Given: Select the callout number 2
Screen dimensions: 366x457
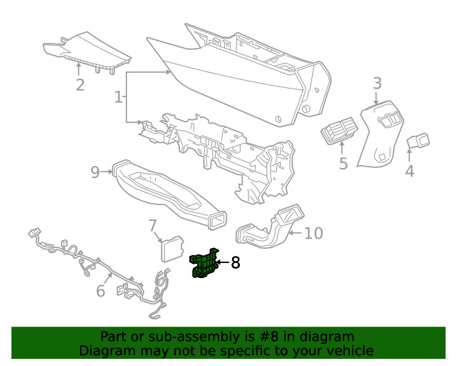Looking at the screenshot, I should point(80,85).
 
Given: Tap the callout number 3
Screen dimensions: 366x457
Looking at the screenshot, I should point(377,84).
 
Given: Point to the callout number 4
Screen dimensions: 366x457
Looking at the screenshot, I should point(409,171).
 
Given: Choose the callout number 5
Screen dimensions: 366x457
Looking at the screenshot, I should point(343,164).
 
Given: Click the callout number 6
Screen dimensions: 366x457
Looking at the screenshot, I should point(101,290).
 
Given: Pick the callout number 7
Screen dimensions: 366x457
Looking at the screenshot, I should point(152,226).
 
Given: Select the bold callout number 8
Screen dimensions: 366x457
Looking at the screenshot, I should point(235,263).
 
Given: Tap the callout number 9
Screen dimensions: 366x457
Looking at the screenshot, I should point(95,172).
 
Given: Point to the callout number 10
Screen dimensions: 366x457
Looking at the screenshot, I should point(313,233).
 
